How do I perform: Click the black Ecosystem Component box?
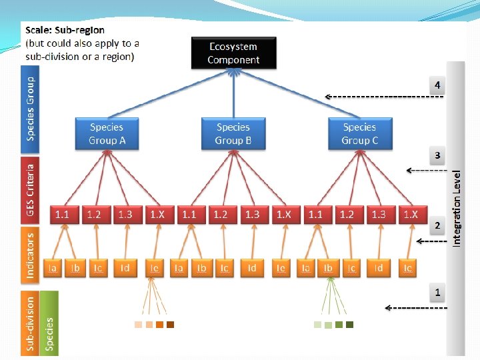click(x=233, y=53)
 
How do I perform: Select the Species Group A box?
click(x=107, y=133)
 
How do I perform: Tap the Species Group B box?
click(x=233, y=133)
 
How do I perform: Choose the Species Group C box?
click(x=359, y=133)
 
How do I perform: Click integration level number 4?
click(x=437, y=85)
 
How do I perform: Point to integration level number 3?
click(x=437, y=155)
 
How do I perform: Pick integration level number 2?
click(x=437, y=225)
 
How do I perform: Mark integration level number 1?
click(x=437, y=292)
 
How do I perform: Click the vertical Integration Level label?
click(x=457, y=207)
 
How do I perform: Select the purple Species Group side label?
click(x=30, y=107)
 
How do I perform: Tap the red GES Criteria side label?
click(x=30, y=189)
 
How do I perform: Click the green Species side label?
click(x=49, y=323)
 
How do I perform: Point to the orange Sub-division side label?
click(x=30, y=323)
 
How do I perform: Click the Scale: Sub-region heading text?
click(x=65, y=31)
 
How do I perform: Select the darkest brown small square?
click(x=171, y=325)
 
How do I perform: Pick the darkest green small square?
click(x=349, y=325)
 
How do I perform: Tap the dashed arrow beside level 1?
click(x=416, y=308)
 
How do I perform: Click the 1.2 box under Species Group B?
click(x=221, y=215)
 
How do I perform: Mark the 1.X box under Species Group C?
click(x=411, y=215)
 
